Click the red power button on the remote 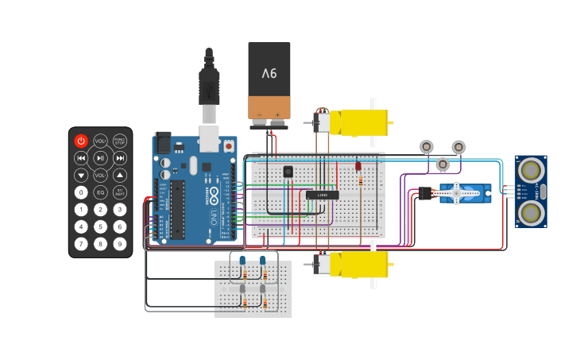81,141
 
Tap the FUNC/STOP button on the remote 119,141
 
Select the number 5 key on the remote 100,226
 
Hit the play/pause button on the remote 100,158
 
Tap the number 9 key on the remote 119,244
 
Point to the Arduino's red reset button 229,146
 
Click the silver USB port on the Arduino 208,139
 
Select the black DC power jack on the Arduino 163,143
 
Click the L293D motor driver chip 323,195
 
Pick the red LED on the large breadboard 358,167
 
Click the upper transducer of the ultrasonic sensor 531,169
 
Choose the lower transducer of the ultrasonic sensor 531,212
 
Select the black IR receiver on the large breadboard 288,171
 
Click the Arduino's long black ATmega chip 177,208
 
